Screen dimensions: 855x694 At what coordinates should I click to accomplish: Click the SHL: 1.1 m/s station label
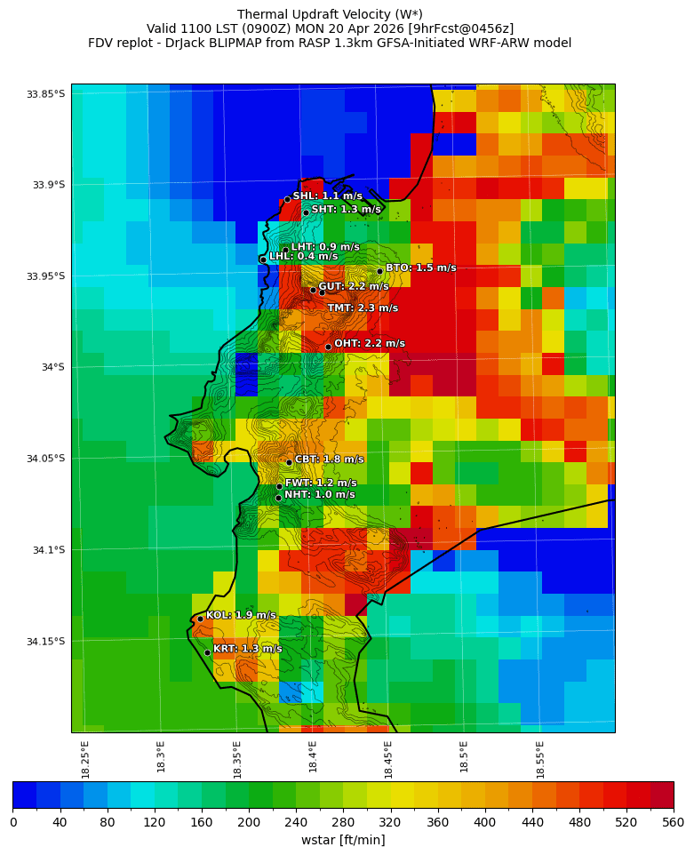point(327,196)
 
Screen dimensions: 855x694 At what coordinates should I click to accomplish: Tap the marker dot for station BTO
point(379,271)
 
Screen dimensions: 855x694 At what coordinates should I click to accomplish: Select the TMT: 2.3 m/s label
point(363,308)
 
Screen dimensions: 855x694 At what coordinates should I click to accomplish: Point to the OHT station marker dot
point(328,347)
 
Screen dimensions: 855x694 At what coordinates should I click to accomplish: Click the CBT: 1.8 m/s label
point(329,459)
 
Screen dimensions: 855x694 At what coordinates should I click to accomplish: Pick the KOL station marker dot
point(200,619)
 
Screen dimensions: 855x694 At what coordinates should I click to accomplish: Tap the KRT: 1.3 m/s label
point(247,649)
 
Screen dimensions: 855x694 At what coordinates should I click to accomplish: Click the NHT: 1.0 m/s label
point(319,495)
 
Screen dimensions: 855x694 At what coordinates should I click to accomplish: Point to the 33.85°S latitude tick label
point(45,94)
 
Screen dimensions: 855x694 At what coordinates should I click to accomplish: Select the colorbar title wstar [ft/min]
point(343,840)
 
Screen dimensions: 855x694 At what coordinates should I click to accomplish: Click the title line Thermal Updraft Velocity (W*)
point(330,14)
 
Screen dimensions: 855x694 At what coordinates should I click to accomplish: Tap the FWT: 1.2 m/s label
point(320,483)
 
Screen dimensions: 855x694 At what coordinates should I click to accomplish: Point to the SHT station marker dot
point(306,212)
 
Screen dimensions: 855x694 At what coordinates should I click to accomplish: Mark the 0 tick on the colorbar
point(13,823)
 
